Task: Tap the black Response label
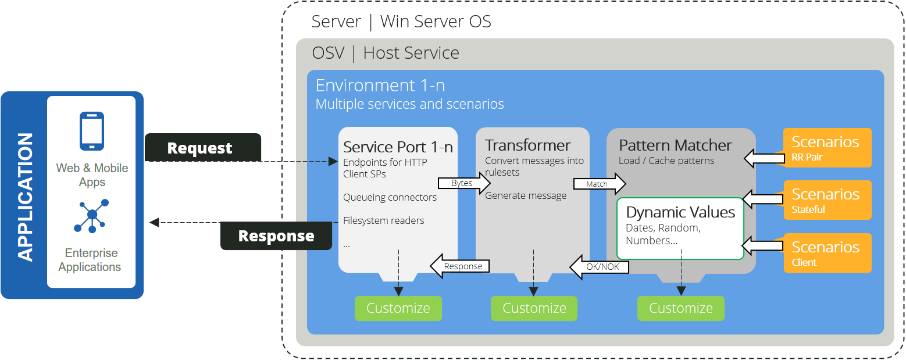click(x=276, y=236)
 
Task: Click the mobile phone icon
click(x=92, y=131)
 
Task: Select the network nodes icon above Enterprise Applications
click(x=92, y=215)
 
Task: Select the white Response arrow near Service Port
click(x=460, y=266)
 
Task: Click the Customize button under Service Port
click(x=398, y=308)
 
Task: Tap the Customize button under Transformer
click(x=534, y=308)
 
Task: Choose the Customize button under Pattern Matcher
click(x=680, y=308)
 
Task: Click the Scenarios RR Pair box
click(x=827, y=148)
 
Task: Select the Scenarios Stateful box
click(x=827, y=200)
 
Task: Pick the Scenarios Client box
click(x=827, y=253)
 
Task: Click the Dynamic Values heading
click(x=680, y=212)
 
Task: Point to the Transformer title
click(x=528, y=145)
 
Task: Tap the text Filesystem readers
click(x=383, y=220)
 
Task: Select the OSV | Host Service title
click(x=386, y=53)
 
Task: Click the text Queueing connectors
click(x=390, y=197)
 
